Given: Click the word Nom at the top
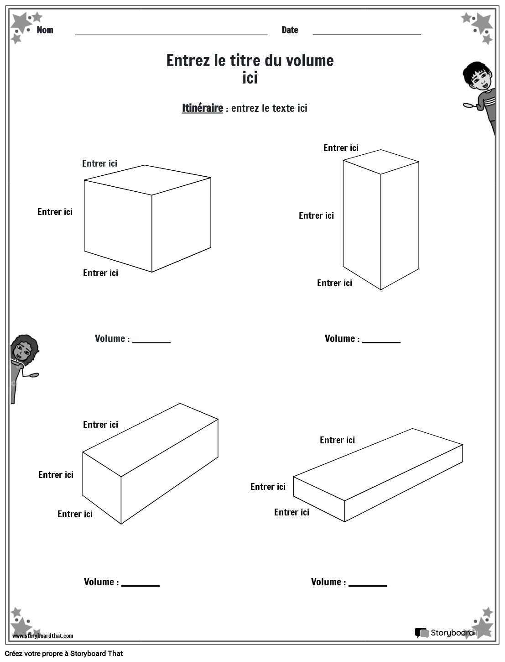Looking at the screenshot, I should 45,30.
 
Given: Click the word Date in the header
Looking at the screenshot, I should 290,30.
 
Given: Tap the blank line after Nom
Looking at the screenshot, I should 171,33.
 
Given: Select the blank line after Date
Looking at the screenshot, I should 367,33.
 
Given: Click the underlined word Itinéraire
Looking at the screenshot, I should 202,108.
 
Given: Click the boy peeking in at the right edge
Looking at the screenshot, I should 481,91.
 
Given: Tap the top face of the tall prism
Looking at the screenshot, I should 381,162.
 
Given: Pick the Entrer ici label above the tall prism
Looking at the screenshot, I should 341,148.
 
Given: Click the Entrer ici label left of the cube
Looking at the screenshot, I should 55,212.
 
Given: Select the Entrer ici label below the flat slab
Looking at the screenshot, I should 292,512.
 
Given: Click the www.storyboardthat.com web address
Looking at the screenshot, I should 42,636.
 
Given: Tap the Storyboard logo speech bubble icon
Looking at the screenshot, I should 422,633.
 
